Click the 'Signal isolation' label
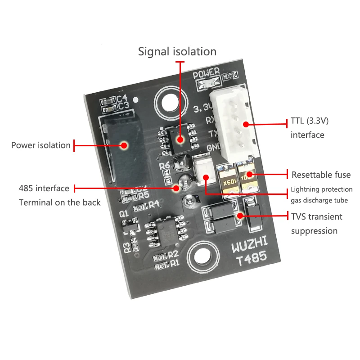[177, 51]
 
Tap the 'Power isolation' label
[41, 145]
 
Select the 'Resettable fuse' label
[321, 175]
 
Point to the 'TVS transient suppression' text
[316, 224]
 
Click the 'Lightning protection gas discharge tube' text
[321, 194]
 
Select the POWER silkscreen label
[207, 73]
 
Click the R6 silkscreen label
[165, 166]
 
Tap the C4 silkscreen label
[123, 98]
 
